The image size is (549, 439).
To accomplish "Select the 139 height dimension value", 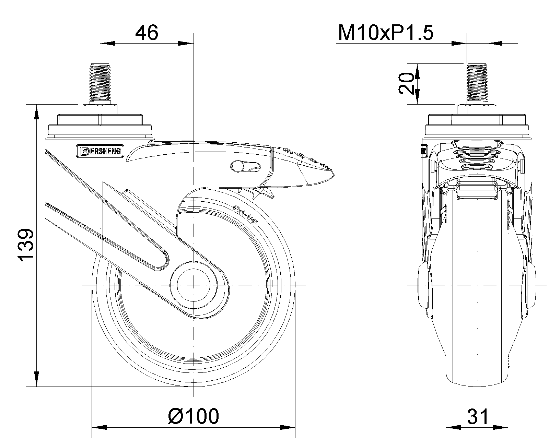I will (27, 245).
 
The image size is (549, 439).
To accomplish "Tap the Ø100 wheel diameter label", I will (194, 416).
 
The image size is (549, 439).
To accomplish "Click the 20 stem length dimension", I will (407, 83).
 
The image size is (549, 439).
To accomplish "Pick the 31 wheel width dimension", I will (477, 417).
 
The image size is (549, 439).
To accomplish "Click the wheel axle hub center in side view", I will (194, 285).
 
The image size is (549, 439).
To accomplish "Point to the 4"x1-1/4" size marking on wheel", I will (245, 213).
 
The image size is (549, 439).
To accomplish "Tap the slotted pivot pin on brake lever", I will (238, 166).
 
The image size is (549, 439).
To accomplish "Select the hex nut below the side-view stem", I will (100, 110).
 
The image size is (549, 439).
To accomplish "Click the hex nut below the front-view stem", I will (477, 110).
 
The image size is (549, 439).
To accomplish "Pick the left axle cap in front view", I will (424, 285).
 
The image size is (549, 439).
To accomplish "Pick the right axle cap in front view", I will (529, 285).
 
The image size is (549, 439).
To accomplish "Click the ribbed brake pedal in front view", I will (477, 158).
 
